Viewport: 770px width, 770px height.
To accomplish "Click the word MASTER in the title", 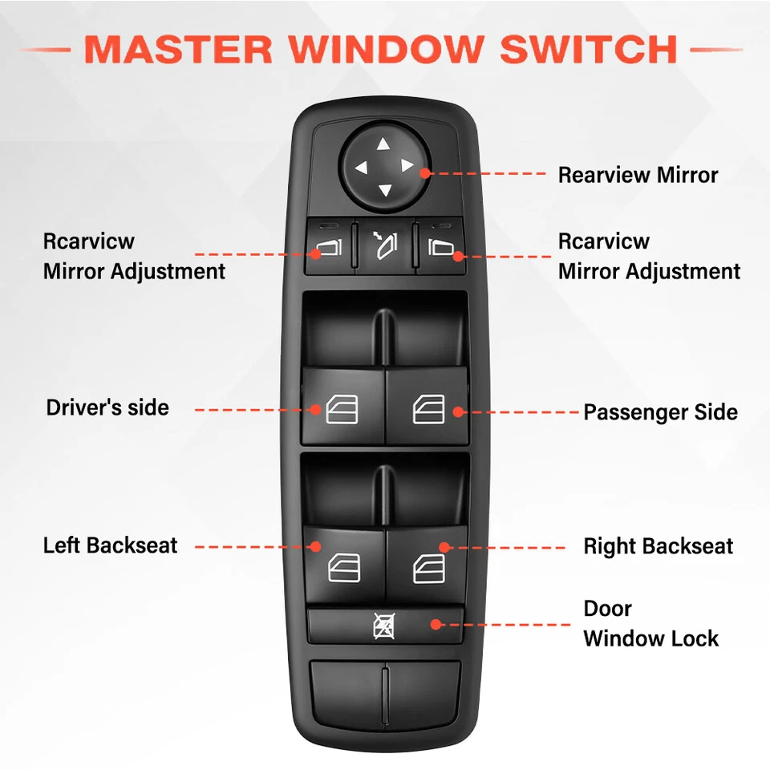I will (x=178, y=50).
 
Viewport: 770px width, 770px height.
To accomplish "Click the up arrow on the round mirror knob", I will (x=383, y=145).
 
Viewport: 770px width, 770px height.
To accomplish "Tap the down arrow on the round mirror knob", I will (x=383, y=190).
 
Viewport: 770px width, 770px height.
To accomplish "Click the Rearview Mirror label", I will (x=638, y=174).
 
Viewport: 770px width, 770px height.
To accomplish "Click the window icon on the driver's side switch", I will (x=342, y=410).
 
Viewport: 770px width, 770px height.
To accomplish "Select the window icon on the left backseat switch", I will (x=343, y=568).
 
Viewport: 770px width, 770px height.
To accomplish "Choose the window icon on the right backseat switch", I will (x=428, y=568).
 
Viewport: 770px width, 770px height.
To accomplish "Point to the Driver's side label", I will (x=107, y=407).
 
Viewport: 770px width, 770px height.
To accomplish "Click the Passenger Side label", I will (x=660, y=412).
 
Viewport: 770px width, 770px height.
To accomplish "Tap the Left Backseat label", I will (x=110, y=545).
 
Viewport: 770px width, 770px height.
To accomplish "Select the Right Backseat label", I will (x=658, y=547).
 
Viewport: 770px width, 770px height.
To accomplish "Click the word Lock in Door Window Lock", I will (x=696, y=638).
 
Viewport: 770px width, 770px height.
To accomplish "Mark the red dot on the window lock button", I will (x=436, y=624).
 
